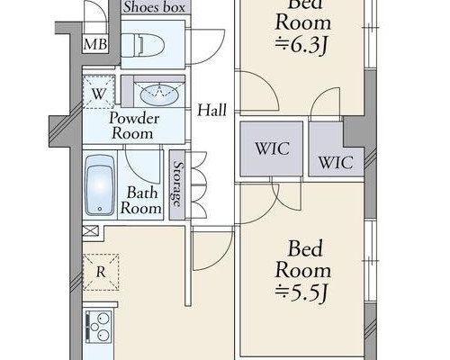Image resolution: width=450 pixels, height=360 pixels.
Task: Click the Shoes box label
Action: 154,7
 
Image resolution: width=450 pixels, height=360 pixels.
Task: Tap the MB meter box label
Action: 95,44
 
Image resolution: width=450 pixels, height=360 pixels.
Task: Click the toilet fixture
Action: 143,45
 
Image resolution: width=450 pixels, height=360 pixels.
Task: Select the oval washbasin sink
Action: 159,94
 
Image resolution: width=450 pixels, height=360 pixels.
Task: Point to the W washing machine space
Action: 98,92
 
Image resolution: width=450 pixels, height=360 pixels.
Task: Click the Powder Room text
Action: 134,126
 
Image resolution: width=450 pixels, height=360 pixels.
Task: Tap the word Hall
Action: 211,110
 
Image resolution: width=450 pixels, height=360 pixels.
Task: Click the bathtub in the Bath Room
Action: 100,185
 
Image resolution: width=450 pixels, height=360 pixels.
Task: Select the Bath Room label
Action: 141,200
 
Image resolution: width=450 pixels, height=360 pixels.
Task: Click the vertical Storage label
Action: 177,184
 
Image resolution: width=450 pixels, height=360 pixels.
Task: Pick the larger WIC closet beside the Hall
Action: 272,148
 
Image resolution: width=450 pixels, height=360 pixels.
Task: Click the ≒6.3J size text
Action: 301,47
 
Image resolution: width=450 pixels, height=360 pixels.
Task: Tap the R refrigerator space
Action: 101,272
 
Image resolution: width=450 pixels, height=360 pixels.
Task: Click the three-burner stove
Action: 99,327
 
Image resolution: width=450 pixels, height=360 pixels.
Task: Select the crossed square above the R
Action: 90,231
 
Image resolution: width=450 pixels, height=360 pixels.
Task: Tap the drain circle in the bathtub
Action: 100,209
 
